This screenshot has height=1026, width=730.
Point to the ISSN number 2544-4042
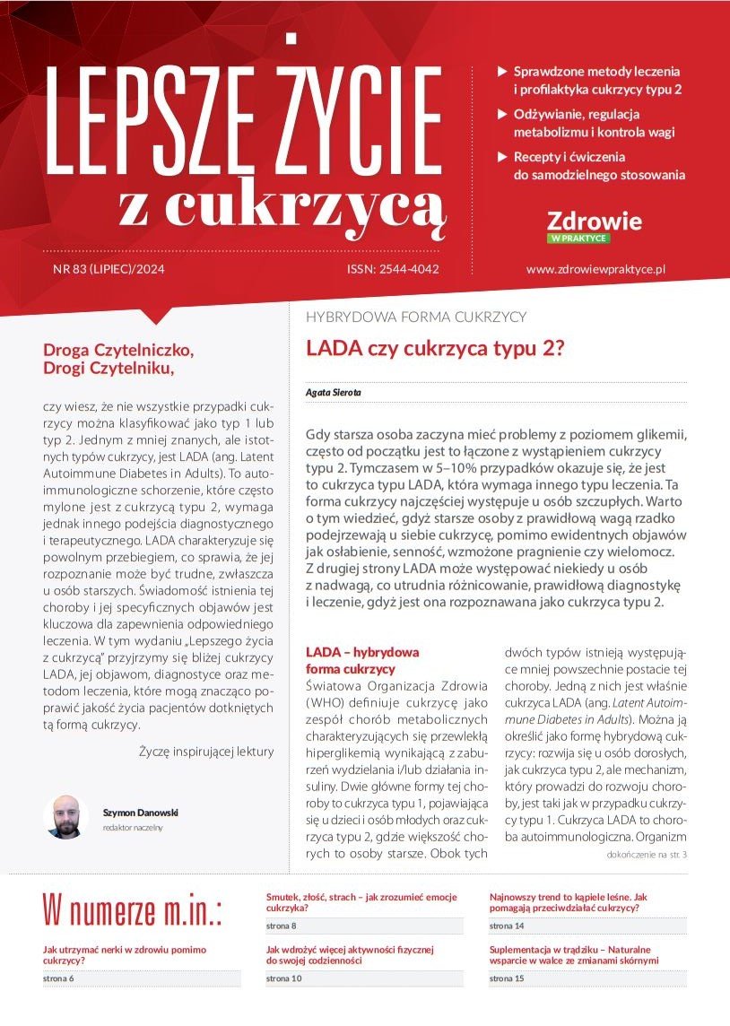click(393, 269)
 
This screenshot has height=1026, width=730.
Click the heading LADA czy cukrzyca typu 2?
click(435, 348)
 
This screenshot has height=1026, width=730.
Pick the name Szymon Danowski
click(141, 813)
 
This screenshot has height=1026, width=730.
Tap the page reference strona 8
click(282, 925)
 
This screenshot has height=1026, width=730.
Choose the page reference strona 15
click(507, 978)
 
